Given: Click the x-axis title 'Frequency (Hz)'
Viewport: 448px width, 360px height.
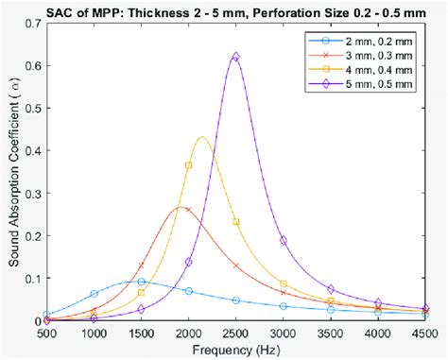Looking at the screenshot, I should coord(235,351).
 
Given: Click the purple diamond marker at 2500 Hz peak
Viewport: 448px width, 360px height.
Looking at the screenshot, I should coord(236,57).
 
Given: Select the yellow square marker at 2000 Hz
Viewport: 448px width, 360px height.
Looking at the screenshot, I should coord(189,165).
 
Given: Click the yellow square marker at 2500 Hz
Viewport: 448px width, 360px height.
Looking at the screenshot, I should coord(236,222).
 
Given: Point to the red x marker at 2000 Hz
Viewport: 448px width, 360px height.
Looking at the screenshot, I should coord(189,210).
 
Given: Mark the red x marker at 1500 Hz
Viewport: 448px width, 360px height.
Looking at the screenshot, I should coord(142,266).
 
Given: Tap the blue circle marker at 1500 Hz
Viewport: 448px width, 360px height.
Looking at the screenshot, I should coord(142,282).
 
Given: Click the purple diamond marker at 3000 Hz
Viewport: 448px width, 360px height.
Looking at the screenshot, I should coord(284,240).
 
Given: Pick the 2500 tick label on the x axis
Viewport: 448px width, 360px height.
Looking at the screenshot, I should coord(236,334).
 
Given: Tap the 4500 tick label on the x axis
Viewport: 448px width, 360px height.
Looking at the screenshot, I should coord(424,334).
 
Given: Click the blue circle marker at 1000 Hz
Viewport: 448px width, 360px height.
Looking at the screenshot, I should coord(94,294).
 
